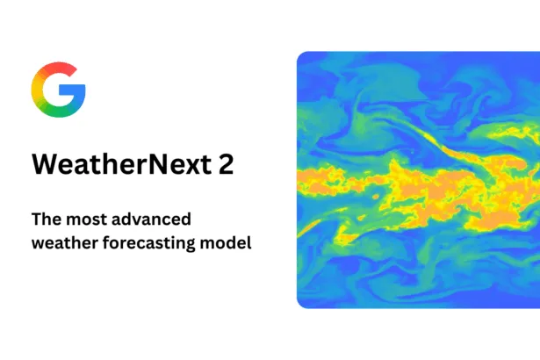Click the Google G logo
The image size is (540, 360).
(58, 90)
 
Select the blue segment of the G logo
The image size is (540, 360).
(76, 95)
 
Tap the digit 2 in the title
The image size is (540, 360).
(227, 165)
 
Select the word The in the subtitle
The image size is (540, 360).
(46, 218)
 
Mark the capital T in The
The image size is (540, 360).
(35, 218)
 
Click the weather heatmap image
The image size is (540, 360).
(418, 179)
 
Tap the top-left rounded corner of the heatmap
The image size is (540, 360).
(301, 55)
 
